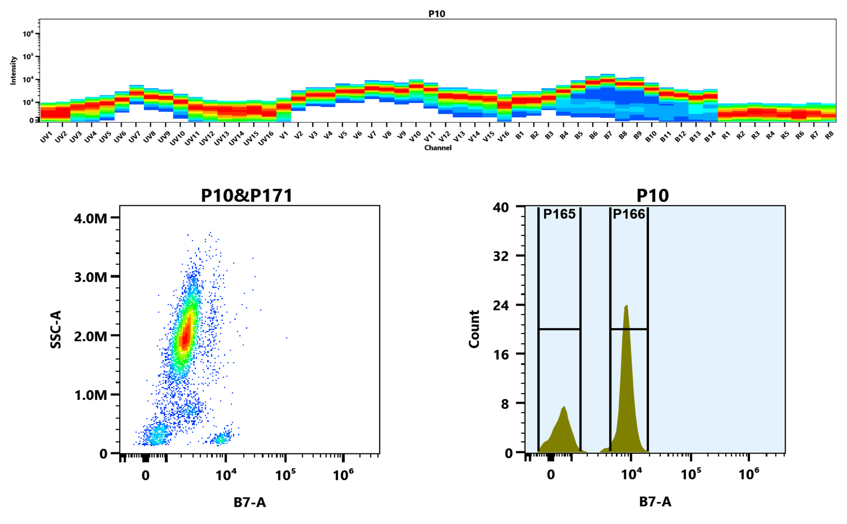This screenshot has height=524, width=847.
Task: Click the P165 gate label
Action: tap(559, 214)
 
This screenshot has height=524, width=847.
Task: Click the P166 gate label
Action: tap(629, 214)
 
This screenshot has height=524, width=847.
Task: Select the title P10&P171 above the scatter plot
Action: tap(247, 196)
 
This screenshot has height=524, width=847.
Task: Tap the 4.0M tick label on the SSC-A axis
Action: tap(90, 218)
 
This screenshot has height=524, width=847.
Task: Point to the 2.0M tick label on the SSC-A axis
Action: tap(90, 336)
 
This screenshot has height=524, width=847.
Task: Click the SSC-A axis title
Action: tap(56, 329)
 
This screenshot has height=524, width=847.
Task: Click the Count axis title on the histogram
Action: tap(474, 329)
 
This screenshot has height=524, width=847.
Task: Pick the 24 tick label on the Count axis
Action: tap(501, 305)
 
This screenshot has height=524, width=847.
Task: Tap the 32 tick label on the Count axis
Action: tap(501, 256)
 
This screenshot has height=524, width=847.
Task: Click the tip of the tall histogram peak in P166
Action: tap(626, 305)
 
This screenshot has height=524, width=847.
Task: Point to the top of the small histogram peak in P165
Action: tap(564, 407)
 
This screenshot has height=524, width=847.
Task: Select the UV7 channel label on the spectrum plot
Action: tap(134, 137)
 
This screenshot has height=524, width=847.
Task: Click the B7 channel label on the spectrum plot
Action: tap(608, 136)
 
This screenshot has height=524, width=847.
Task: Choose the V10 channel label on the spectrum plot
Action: tap(414, 137)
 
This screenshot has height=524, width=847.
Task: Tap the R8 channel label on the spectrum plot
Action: tap(829, 136)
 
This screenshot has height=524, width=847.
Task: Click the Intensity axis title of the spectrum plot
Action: tap(13, 70)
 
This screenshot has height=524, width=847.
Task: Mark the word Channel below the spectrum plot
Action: tap(438, 148)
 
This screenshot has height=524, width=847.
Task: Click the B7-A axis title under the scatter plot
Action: tap(250, 502)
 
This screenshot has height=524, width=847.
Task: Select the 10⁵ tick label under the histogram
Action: tap(691, 475)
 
